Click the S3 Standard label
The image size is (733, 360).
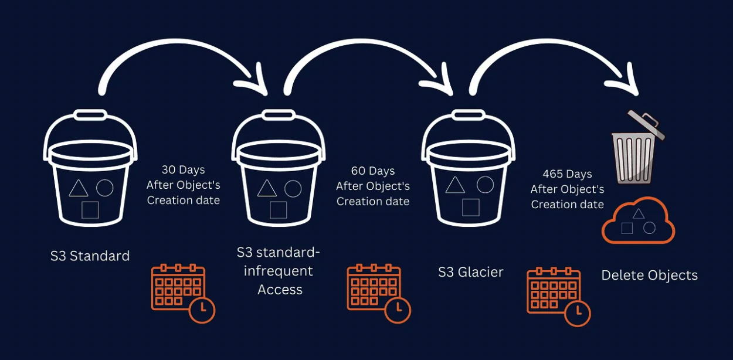point(90,256)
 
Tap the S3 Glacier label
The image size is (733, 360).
point(470,272)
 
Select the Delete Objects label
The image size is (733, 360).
point(650,275)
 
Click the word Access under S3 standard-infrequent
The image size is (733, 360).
point(280,290)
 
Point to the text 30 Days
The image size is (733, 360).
point(184,170)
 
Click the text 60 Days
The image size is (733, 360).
point(373,171)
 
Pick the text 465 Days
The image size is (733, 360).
point(567,174)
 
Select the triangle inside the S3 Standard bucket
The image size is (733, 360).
point(79,189)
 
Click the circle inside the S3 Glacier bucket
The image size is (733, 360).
point(485,185)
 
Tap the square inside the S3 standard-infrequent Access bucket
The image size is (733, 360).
point(278,209)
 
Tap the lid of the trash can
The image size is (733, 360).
point(646,124)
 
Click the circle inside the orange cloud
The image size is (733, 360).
point(649,227)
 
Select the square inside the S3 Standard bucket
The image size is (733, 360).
point(90,210)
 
